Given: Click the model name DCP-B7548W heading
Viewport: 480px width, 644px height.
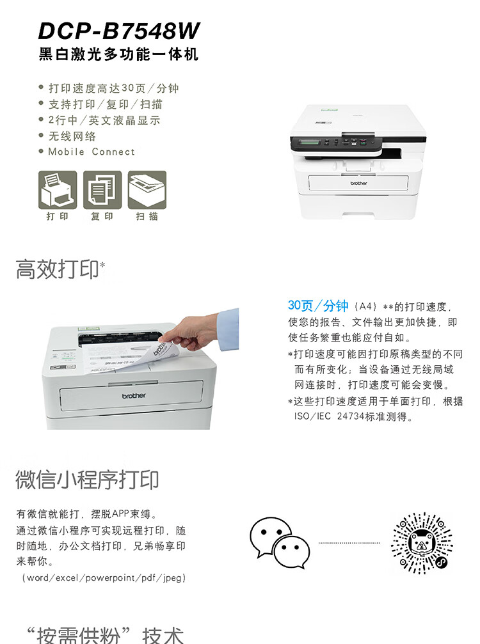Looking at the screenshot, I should pos(119,31).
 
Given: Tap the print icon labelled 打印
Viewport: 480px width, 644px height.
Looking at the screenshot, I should pos(58,190).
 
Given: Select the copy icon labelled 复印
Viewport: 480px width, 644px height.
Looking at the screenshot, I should pos(102,190).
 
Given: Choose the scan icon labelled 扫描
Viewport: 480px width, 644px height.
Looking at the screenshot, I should pos(147,190).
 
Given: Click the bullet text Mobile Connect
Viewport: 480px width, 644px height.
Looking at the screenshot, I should pos(92,152).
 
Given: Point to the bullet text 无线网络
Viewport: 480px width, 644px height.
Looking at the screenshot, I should pos(72,136).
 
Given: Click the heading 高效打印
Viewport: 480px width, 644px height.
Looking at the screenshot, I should pos(58,269).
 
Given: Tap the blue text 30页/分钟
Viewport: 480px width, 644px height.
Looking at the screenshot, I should pos(318,306).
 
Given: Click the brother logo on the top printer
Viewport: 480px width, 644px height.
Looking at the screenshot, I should pos(358,184).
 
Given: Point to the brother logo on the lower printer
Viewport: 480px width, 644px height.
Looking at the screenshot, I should pos(134,396).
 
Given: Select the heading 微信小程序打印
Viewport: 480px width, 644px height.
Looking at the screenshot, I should pos(87,479).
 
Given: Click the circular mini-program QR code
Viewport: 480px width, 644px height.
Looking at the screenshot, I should pos(422,543).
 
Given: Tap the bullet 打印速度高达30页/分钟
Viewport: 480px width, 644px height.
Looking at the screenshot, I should pos(113,88).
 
